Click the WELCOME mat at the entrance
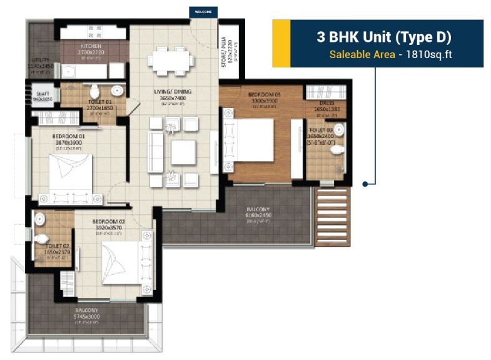click(204, 12)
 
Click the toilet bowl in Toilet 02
click(41, 239)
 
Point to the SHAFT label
click(43, 92)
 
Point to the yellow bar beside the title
click(281, 43)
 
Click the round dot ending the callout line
click(365, 184)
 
